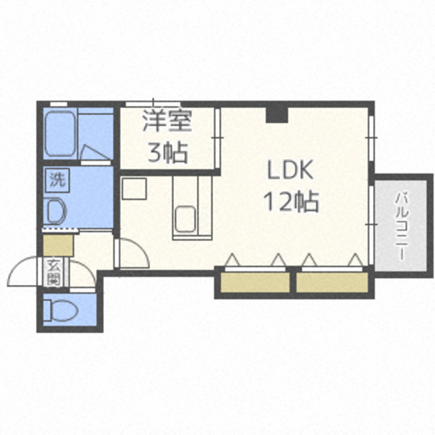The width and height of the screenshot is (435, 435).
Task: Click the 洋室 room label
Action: tap(167, 121)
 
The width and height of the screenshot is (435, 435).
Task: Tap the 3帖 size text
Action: tap(168, 152)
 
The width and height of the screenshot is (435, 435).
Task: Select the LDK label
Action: tap(290, 170)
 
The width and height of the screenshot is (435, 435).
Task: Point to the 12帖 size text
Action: tap(291, 202)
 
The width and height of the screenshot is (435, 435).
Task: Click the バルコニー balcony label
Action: tap(402, 226)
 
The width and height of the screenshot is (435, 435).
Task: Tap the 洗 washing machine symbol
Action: tap(57, 180)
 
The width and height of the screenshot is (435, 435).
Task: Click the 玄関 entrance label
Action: tap(53, 272)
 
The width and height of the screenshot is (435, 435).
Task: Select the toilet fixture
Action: tap(60, 310)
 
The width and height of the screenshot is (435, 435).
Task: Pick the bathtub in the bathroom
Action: tap(60, 134)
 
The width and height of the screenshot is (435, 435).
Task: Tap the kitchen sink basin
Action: tap(186, 219)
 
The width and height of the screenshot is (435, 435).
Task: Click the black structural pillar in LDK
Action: tap(277, 114)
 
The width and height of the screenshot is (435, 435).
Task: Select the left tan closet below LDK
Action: tap(255, 283)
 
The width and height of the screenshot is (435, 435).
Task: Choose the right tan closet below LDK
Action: tap(332, 283)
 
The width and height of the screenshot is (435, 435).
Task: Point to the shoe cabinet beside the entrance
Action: tap(58, 245)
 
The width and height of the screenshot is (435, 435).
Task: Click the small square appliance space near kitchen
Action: tap(135, 189)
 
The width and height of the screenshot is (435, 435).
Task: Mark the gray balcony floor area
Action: tap(400, 225)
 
